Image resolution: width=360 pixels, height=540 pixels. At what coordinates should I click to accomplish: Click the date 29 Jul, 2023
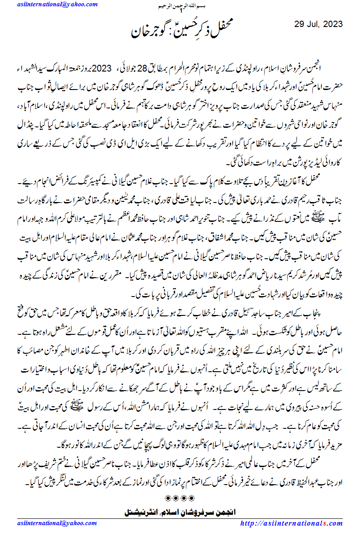coord(319,24)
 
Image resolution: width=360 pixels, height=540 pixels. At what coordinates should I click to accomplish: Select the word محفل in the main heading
coord(219,32)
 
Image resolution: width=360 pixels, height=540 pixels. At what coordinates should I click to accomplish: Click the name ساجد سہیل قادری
coord(255,308)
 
